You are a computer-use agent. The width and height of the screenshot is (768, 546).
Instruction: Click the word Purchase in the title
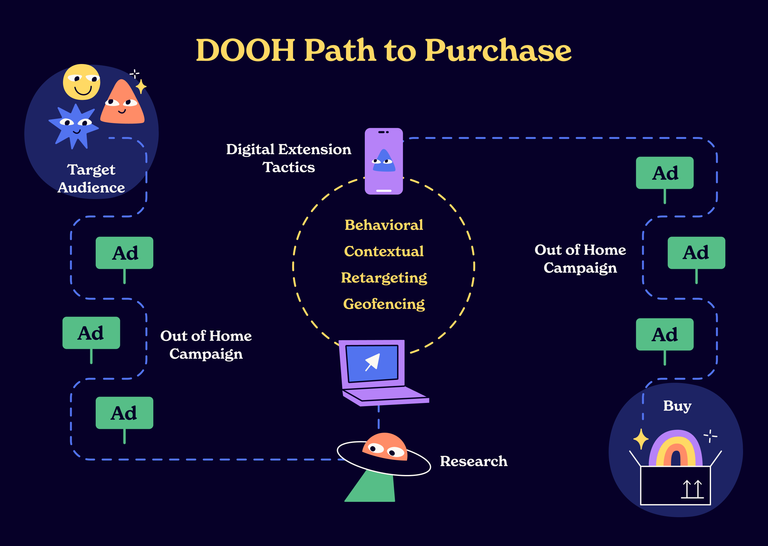point(498,51)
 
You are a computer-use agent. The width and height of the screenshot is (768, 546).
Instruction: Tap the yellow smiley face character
point(81,82)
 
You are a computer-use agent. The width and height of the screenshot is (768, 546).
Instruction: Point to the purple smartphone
point(383,161)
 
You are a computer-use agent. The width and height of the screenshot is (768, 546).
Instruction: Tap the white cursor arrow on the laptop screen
point(373,362)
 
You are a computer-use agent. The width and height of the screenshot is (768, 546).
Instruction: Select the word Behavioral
point(384,225)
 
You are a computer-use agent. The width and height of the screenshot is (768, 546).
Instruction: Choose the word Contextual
point(384,251)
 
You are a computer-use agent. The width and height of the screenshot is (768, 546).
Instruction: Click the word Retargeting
point(384,278)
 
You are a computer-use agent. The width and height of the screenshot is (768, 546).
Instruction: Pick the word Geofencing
point(384,304)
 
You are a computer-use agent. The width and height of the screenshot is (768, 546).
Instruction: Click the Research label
point(474,461)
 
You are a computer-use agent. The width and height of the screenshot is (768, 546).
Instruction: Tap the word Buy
point(677,406)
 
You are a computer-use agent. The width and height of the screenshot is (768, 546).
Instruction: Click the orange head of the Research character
point(385,446)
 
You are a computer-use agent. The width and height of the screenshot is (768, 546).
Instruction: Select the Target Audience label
point(91,179)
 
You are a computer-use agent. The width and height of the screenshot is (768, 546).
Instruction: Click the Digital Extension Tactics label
point(289,158)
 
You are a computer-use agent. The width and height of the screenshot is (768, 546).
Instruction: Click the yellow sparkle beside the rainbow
point(641,439)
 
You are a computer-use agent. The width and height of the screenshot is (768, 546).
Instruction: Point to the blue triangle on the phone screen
point(384,161)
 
